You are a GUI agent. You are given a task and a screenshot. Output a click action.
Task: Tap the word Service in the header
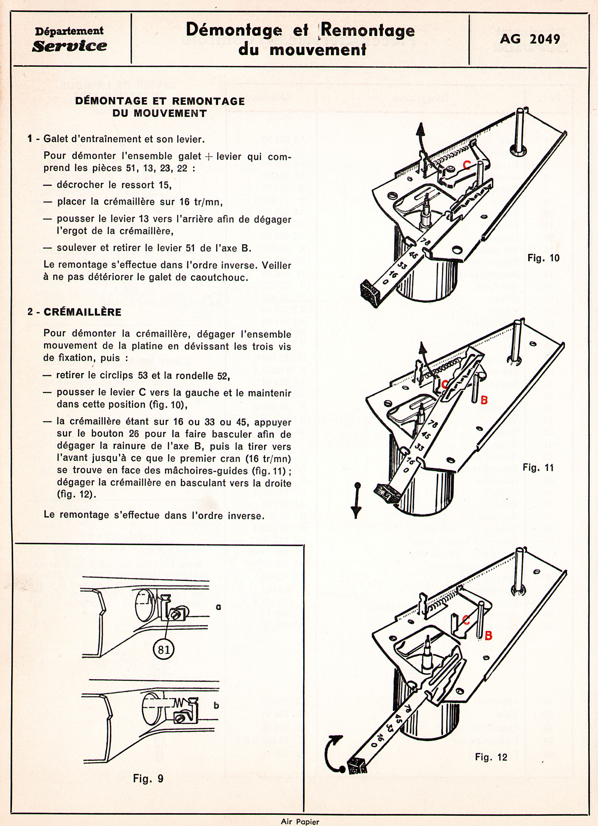point(69,46)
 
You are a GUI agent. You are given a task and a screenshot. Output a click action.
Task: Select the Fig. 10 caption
point(543,258)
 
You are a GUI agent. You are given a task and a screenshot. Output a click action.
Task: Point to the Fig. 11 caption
point(538,468)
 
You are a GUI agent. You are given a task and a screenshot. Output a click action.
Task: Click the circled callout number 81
point(164,649)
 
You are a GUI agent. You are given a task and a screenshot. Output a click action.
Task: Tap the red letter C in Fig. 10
point(466,166)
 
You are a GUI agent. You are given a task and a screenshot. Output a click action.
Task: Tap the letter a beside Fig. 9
point(218,607)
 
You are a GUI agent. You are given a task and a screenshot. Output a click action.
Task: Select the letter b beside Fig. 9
point(216,705)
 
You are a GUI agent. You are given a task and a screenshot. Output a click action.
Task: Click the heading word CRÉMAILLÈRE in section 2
point(82,312)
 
